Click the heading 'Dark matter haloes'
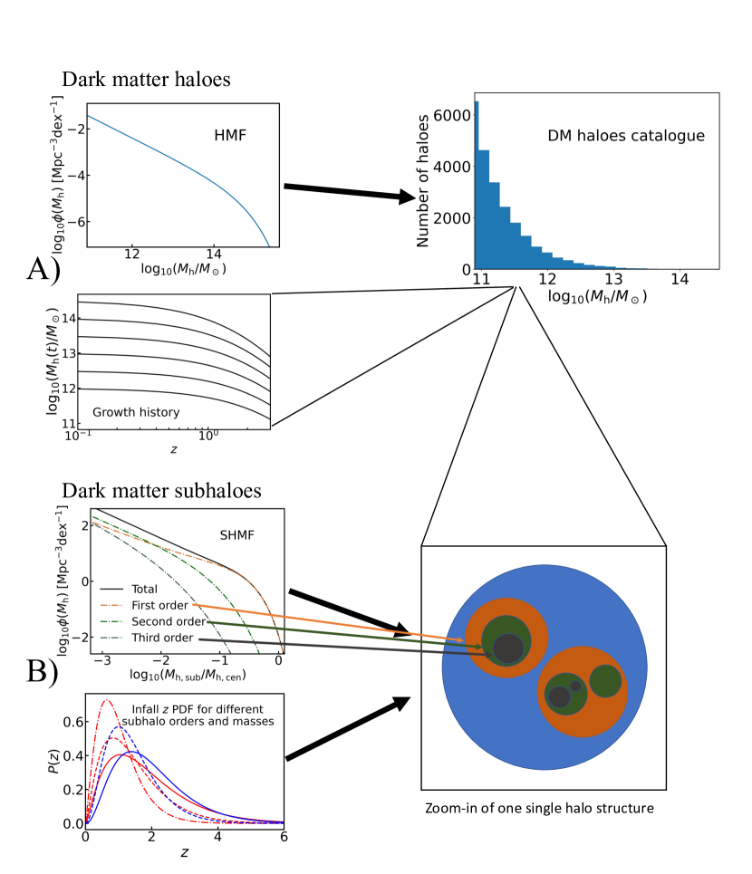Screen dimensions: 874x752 (x=146, y=80)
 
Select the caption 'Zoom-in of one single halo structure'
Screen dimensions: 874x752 (x=541, y=806)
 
